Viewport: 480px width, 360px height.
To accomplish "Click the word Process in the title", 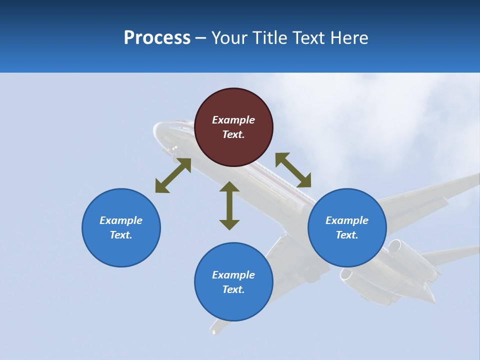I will coord(157,38).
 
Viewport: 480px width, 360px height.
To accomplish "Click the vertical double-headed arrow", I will coord(229,205).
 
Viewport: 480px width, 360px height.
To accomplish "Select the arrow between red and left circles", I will coord(173,175).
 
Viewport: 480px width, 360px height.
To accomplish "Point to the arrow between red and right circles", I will coord(293,170).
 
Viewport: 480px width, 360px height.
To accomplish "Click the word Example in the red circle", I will coord(233,120).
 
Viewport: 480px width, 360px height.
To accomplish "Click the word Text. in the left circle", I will coord(121,235).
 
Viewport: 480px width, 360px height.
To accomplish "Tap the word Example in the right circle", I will coord(347,220).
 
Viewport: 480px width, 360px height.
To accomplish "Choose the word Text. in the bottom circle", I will coord(233,289).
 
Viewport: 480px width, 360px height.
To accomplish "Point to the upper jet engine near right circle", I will coord(395,246).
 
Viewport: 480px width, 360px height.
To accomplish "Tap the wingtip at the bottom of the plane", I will coord(214,330).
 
